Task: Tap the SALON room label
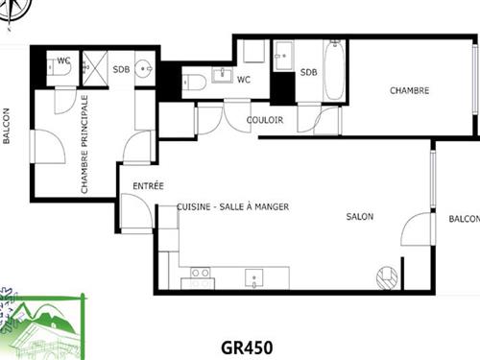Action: [360, 217]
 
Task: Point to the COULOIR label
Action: [264, 120]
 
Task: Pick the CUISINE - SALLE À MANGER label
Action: [232, 206]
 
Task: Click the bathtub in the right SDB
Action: [333, 70]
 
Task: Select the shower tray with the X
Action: [96, 67]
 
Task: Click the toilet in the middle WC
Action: [190, 81]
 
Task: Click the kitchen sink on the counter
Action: [253, 278]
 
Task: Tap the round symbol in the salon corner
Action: [388, 277]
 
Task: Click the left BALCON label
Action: [7, 125]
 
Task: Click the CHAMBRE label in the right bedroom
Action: [409, 91]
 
